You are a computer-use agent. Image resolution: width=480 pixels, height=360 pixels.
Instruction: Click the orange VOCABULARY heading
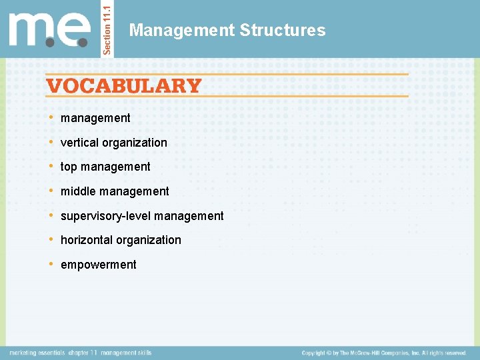pyautogui.click(x=123, y=86)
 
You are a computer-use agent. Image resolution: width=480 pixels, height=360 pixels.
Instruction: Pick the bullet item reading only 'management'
pyautogui.click(x=95, y=118)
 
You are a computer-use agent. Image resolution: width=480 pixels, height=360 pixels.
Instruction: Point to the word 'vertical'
pyautogui.click(x=79, y=143)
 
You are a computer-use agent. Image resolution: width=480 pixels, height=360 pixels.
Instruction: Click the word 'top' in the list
pyautogui.click(x=69, y=167)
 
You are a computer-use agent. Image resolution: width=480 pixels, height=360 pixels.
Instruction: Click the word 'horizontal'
pyautogui.click(x=87, y=240)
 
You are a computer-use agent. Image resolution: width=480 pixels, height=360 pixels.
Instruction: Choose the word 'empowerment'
pyautogui.click(x=98, y=265)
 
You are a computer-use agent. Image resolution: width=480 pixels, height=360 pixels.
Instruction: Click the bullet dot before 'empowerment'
pyautogui.click(x=52, y=264)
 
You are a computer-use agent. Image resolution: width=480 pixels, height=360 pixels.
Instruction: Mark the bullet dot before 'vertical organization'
pyautogui.click(x=52, y=142)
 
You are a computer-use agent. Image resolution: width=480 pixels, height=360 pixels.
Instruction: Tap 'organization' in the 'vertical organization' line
pyautogui.click(x=135, y=143)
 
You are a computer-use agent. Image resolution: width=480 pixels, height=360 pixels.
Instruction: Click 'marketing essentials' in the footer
pyautogui.click(x=36, y=353)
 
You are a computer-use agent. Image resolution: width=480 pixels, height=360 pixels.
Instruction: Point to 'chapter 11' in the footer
pyautogui.click(x=83, y=353)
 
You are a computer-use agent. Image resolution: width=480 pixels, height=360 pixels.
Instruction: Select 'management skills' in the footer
pyautogui.click(x=127, y=353)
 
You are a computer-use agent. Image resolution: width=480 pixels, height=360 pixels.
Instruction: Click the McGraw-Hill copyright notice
pyautogui.click(x=384, y=353)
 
